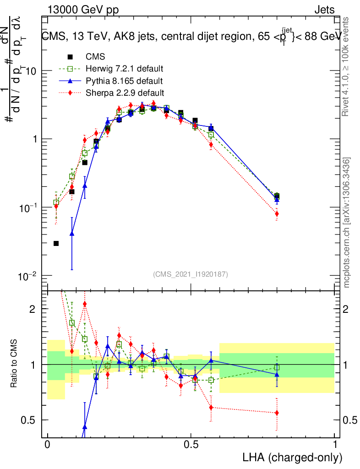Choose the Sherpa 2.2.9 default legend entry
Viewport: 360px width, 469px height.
coord(124,93)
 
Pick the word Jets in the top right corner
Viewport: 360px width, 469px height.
coord(324,10)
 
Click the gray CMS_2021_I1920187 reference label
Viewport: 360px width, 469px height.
coord(191,274)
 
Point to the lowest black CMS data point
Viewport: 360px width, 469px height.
coord(56,243)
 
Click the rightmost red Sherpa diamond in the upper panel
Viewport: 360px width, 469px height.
coord(277,214)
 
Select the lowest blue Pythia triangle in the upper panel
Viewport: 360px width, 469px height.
coord(72,233)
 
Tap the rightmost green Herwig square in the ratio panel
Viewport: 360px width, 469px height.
coord(277,367)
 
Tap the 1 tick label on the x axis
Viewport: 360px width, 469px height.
coord(335,444)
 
